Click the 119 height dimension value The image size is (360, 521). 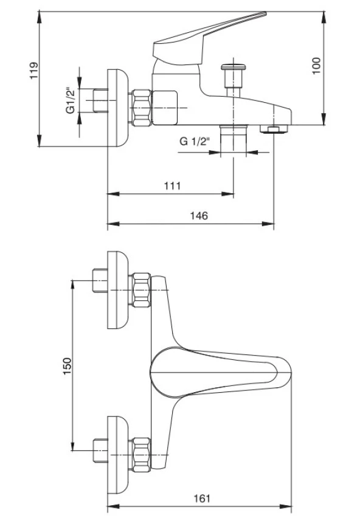pos(34,71)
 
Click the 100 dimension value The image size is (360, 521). pos(316,66)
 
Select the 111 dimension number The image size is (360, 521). pos(172,185)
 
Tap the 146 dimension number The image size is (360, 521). pos(199,216)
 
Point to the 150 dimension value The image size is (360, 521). pos(67,366)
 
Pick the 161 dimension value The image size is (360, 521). pos(202,499)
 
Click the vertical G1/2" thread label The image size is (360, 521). pos(71,100)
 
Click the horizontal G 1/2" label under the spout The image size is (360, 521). pos(195,142)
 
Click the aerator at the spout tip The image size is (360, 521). pos(274,129)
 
